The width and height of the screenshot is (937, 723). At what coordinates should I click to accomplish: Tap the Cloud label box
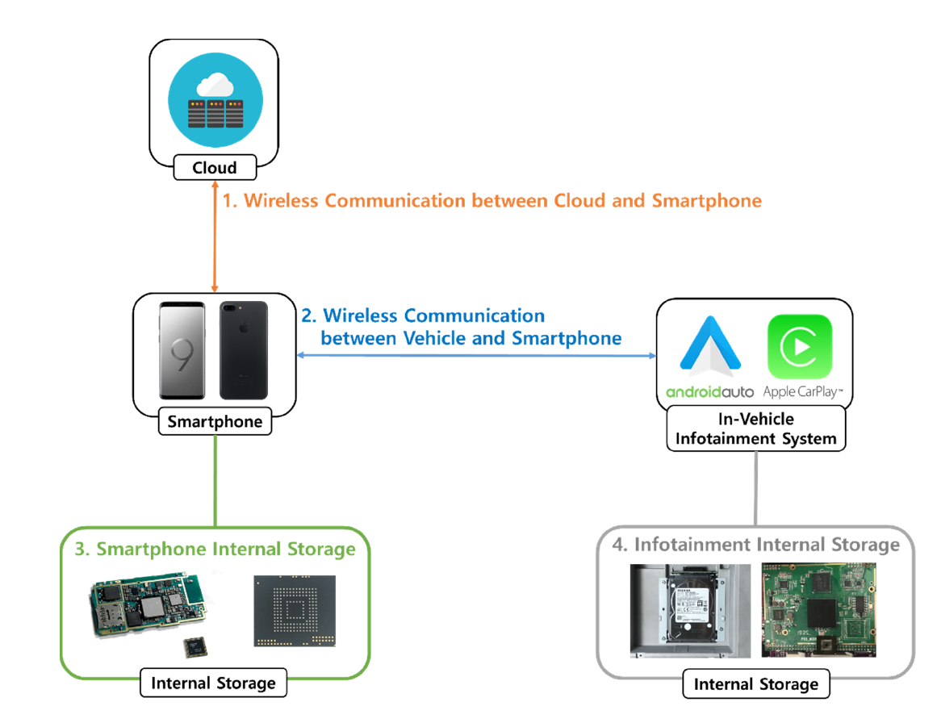click(x=215, y=168)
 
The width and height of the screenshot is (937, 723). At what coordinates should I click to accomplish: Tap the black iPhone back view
click(x=244, y=350)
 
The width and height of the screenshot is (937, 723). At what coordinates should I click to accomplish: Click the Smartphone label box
click(x=215, y=421)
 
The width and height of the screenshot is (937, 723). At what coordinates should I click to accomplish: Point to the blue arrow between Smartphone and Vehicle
click(x=476, y=355)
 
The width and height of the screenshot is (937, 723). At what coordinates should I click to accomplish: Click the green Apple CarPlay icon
click(x=800, y=348)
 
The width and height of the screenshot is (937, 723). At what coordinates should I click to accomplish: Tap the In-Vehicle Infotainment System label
click(x=756, y=429)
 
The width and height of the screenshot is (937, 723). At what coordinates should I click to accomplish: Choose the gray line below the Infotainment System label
click(x=756, y=487)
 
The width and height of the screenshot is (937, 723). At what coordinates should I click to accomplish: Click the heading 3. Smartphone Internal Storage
click(x=215, y=550)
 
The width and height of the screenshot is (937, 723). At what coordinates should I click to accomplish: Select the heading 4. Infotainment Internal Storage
click(x=755, y=545)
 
